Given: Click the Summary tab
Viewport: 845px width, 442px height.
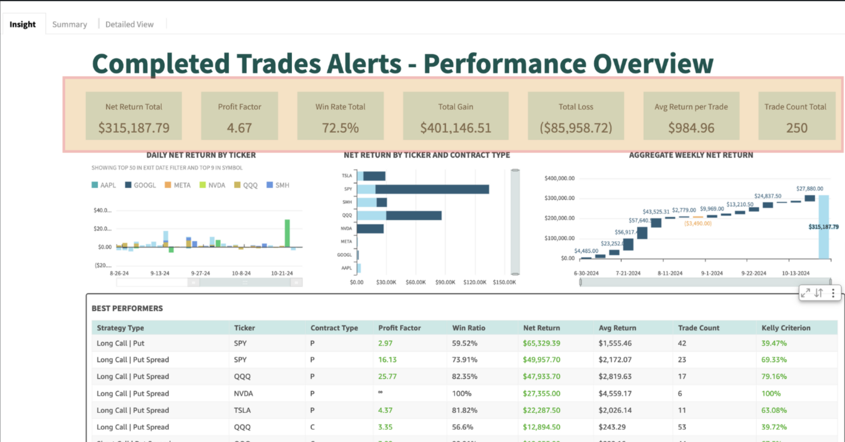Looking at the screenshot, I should [x=70, y=24].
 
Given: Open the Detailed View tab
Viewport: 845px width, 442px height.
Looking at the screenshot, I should [x=129, y=24].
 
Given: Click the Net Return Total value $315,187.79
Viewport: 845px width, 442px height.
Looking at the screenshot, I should [x=134, y=128].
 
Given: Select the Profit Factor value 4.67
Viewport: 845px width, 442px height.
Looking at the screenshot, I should [x=240, y=128].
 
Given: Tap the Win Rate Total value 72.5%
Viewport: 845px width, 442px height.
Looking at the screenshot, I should [x=340, y=128].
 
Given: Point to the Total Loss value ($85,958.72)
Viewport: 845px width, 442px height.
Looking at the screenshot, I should [x=576, y=128].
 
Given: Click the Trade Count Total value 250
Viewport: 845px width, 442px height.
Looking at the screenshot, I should [x=797, y=128].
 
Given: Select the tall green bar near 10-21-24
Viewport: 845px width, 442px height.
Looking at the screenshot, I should [x=287, y=233].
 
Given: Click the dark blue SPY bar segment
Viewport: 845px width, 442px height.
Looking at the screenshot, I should [x=432, y=189].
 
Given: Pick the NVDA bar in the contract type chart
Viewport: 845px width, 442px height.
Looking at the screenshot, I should [x=370, y=228].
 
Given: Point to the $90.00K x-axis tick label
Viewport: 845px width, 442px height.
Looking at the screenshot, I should [x=445, y=282].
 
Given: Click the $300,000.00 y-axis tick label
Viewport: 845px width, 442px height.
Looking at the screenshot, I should [x=559, y=198].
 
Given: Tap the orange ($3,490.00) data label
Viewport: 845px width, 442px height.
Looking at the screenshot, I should [x=698, y=223].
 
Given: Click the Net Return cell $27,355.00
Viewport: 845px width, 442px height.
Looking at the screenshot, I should [x=541, y=393].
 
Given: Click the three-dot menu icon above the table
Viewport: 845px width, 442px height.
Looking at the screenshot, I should [x=833, y=293].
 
